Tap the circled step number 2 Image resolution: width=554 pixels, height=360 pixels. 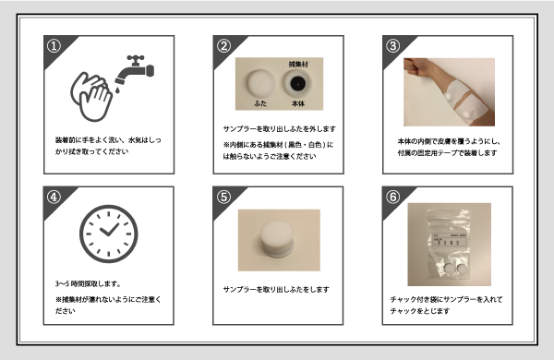tap(223, 45)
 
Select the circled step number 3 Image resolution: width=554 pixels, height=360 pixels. tap(391, 45)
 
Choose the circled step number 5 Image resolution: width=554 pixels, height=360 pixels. tap(223, 197)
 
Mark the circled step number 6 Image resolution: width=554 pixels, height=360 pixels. tap(391, 197)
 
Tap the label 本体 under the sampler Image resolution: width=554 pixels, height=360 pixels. tap(298, 106)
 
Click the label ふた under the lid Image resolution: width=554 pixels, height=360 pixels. tap(255, 106)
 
